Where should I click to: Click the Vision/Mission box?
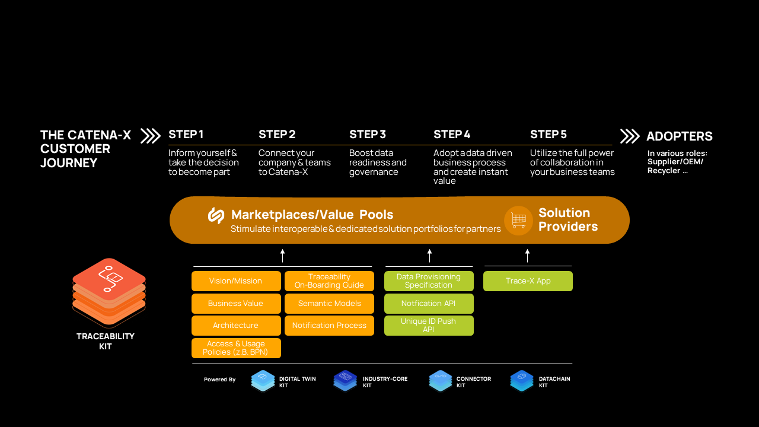(x=236, y=281)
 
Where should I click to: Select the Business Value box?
(x=236, y=304)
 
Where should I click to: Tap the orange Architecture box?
(x=236, y=326)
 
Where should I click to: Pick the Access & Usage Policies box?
(x=236, y=348)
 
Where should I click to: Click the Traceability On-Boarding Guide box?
(x=329, y=281)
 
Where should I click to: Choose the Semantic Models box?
(x=329, y=304)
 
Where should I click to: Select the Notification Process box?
(x=329, y=326)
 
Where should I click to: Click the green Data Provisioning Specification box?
(x=429, y=281)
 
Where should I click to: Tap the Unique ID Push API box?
(x=429, y=326)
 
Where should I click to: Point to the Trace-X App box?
(x=528, y=281)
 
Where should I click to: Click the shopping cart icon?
(x=518, y=221)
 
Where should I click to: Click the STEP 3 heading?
(x=368, y=135)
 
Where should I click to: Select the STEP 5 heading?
(x=548, y=135)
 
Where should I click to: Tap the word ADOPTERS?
(x=680, y=136)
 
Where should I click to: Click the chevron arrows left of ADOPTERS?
(x=630, y=136)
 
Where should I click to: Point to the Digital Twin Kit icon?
(x=263, y=381)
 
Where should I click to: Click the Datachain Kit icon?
(x=522, y=381)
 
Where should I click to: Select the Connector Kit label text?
(x=474, y=382)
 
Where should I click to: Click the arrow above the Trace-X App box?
(x=527, y=256)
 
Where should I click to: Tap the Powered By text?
(x=219, y=380)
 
